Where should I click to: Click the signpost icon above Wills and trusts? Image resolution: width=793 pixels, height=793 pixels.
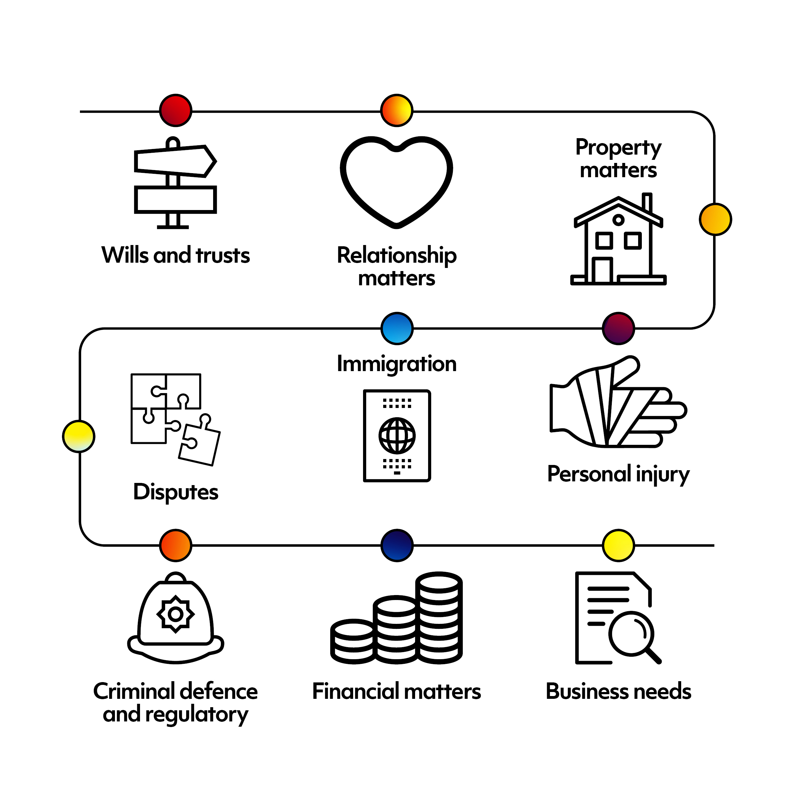tap(175, 183)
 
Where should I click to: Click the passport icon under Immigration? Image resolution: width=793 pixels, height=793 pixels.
tap(397, 436)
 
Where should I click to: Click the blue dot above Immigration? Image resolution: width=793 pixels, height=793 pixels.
tap(397, 328)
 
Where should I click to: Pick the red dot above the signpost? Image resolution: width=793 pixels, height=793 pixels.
tap(176, 110)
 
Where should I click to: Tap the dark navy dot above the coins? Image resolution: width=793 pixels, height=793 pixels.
tap(397, 545)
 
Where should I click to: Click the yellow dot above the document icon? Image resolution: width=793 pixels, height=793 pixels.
tap(619, 545)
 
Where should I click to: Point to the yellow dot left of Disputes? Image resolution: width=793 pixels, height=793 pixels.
tap(79, 436)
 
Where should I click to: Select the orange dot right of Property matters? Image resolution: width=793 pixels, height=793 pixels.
tap(716, 219)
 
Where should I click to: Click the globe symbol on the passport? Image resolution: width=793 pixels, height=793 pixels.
tap(397, 436)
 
